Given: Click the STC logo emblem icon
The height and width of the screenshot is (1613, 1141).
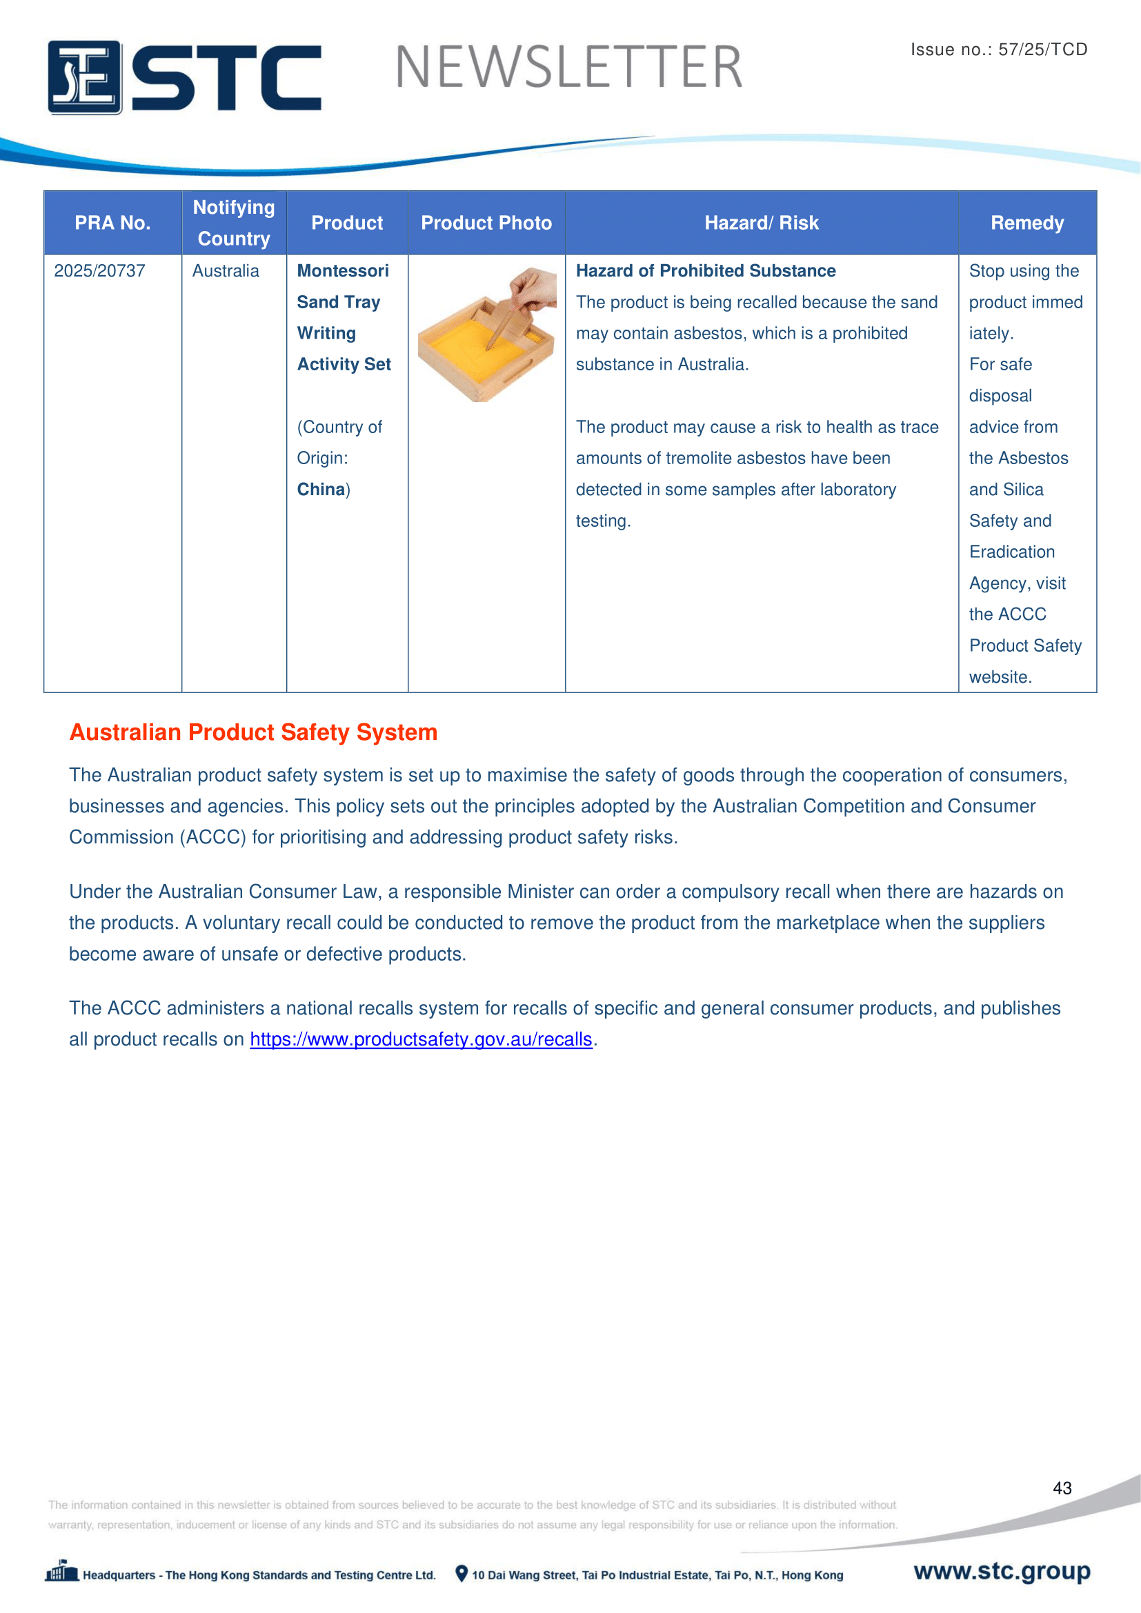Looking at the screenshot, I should pos(84,77).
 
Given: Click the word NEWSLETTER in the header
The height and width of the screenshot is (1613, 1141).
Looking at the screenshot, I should pos(568,68).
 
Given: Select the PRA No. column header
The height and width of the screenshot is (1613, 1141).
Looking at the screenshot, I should pos(112,223).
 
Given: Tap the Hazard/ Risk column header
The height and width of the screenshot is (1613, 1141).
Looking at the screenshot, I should pos(761,223).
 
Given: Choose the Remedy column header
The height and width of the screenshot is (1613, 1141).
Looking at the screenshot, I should pos(1026,223).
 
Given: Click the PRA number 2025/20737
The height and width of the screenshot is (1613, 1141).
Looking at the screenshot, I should pos(100,271).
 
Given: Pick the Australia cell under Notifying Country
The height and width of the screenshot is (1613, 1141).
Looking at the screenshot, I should pos(226,271).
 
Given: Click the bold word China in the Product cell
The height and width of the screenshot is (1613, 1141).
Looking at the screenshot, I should pos(320,490).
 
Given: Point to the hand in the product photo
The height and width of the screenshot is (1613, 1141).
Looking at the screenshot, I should pos(533,288).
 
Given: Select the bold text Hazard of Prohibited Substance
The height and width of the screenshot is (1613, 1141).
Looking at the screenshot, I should pos(706,271).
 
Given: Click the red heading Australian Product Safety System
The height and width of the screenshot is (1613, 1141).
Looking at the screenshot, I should pos(253,732).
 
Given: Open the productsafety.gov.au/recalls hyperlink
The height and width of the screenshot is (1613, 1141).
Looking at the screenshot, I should pos(421,1039).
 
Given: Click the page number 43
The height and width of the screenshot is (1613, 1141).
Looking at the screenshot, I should pos(1062,1488).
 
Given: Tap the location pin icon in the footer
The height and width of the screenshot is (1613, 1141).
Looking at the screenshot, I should pos(461,1574).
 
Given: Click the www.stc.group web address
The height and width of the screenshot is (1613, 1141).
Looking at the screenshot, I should pos(1001,1571).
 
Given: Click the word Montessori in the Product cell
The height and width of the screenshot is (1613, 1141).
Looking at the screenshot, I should pos(343,271).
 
